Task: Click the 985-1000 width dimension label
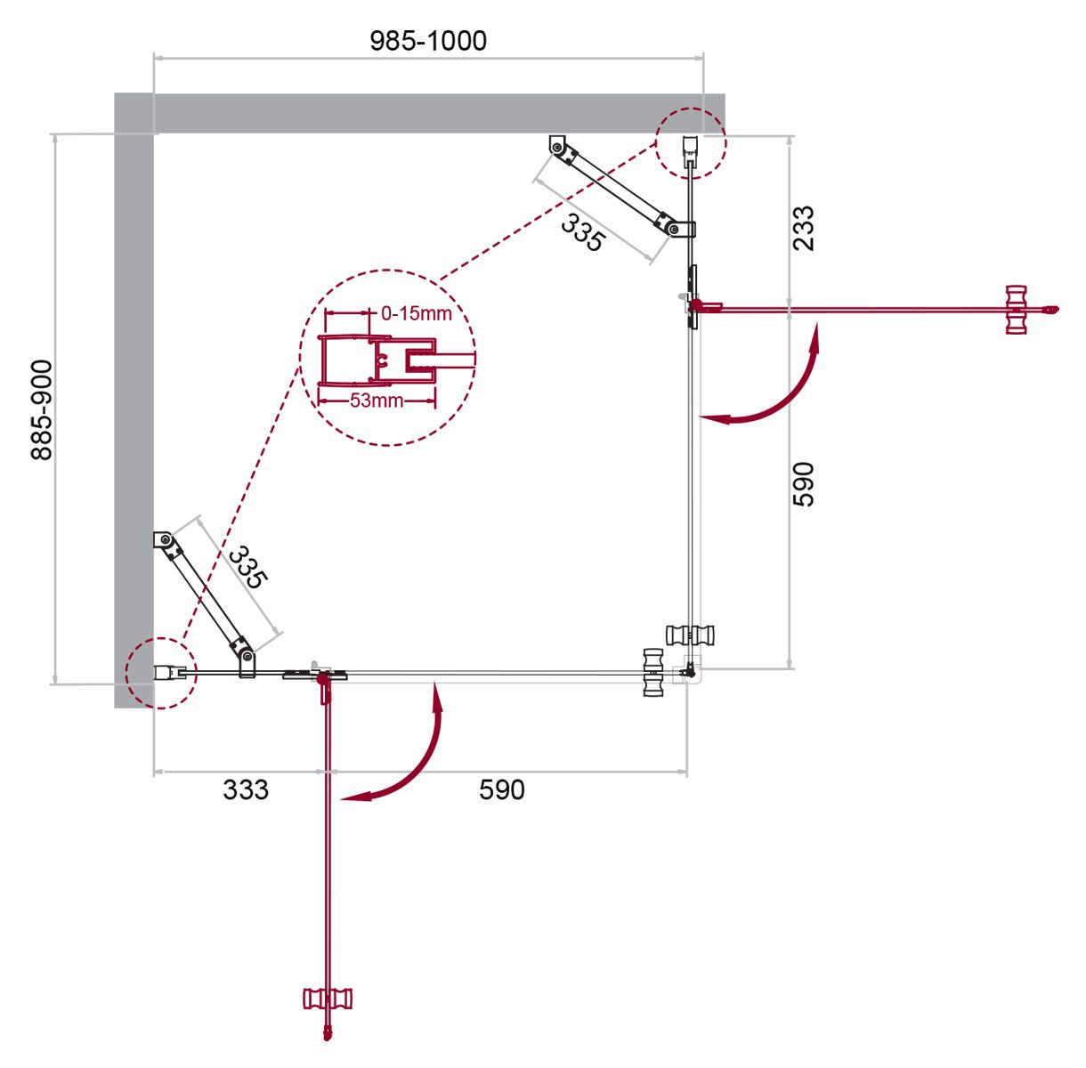[428, 41]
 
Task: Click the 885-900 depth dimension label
[42, 409]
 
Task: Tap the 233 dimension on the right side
[804, 228]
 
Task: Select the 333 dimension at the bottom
[246, 789]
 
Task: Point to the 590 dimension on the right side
[804, 484]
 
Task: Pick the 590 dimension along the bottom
[501, 789]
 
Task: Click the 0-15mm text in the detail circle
[417, 313]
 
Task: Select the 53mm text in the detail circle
[377, 400]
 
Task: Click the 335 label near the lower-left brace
[248, 567]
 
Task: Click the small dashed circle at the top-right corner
[691, 143]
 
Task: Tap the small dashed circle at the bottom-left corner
[161, 673]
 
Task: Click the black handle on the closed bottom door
[653, 672]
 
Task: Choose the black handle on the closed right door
[690, 635]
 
